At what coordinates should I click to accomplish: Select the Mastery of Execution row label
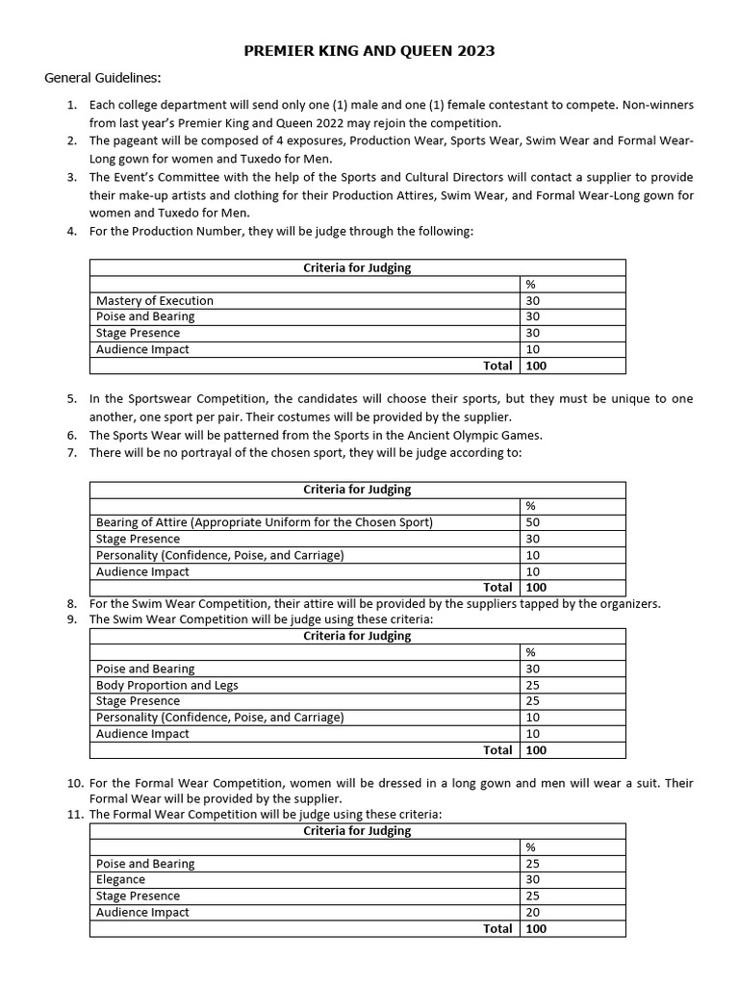tap(155, 300)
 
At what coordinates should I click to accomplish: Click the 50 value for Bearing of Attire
tap(532, 522)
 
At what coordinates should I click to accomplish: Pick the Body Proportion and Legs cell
tap(167, 685)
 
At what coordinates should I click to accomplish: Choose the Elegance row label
tap(121, 879)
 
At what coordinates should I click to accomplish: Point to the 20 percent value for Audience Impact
tap(532, 912)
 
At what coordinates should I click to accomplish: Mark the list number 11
tap(74, 814)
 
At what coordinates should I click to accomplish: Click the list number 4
tap(72, 232)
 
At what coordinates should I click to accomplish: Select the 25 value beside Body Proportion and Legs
tap(532, 685)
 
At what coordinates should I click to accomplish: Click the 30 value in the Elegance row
tap(532, 879)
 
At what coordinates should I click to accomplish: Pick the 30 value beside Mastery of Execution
tap(532, 300)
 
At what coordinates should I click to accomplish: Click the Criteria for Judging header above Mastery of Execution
tap(357, 267)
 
